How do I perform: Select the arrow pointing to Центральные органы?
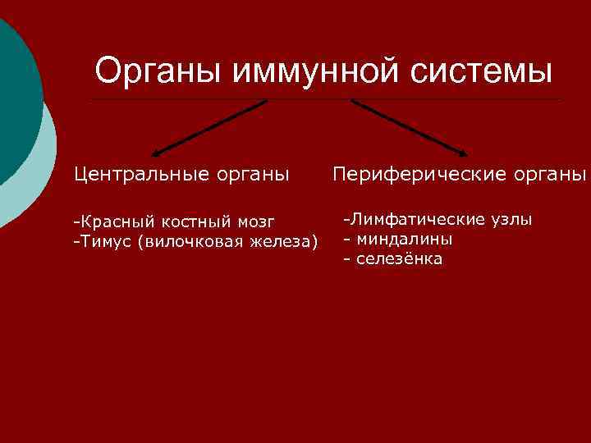pyautogui.click(x=209, y=128)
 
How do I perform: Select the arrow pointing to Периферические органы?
pyautogui.click(x=410, y=128)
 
